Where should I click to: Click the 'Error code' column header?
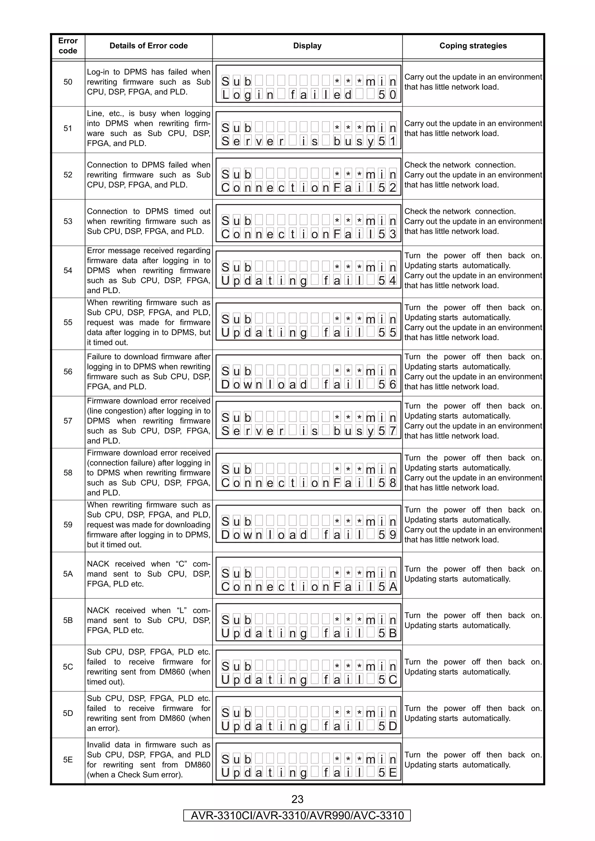[x=68, y=46]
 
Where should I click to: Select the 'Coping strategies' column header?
[x=473, y=46]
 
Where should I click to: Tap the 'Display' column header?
[x=307, y=46]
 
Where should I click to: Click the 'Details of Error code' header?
[x=148, y=46]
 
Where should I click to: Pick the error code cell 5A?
[x=68, y=574]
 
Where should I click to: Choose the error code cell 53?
[x=68, y=221]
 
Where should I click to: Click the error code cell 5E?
[x=68, y=760]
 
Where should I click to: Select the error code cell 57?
[x=68, y=421]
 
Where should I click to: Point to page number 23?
[x=297, y=799]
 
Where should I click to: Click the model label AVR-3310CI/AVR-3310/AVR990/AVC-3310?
[x=297, y=816]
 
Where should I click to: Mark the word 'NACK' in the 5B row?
[x=98, y=611]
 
